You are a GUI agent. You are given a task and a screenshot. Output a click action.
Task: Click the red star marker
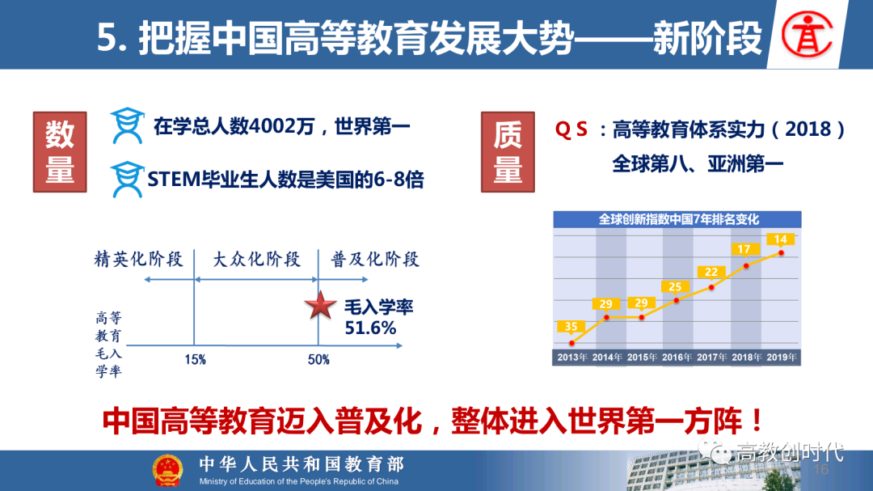320,306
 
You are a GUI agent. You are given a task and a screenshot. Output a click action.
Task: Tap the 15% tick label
196,360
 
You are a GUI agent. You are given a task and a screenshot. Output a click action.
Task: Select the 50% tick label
318,360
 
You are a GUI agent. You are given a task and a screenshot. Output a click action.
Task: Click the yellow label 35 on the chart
571,327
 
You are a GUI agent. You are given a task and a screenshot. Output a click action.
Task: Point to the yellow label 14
780,239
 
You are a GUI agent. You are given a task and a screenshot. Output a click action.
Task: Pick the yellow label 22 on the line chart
711,272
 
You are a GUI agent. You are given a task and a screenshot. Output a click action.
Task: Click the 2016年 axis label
677,358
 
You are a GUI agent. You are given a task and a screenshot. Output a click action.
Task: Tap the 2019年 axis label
781,358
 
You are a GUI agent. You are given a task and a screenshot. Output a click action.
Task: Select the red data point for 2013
571,343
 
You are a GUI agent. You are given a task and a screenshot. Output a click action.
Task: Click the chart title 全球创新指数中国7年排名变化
678,219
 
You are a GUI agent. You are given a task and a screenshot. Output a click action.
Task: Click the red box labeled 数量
60,152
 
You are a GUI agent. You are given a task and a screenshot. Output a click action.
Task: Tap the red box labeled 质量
508,152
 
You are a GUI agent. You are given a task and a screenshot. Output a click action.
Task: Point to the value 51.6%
370,328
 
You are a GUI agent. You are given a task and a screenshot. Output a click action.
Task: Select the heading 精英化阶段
139,259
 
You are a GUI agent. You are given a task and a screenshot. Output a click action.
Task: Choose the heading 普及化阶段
375,259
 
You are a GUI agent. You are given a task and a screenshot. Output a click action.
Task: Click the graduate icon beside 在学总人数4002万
128,125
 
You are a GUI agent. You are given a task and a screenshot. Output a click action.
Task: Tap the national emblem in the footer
167,470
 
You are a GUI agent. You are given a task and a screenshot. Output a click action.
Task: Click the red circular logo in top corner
807,35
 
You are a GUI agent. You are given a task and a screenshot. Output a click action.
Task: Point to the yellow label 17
744,249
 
